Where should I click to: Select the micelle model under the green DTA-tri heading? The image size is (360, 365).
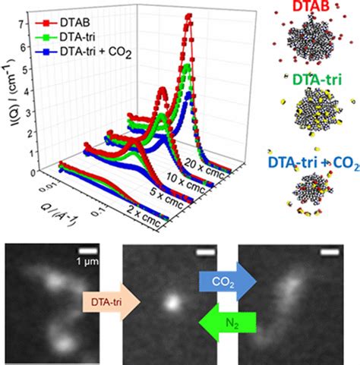pos(314,111)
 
